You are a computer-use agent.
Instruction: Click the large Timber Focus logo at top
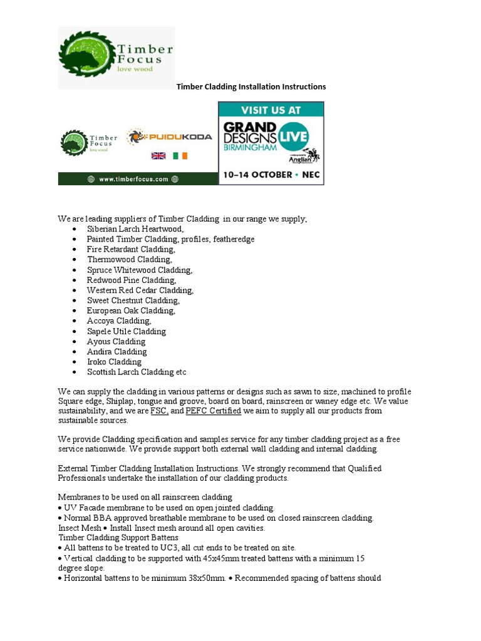tap(116, 58)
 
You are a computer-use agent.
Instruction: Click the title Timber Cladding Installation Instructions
tap(251, 87)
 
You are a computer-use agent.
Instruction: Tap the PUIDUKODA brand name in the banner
tap(170, 136)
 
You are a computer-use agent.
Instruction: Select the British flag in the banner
tap(157, 155)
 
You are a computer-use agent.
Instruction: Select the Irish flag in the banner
tap(181, 155)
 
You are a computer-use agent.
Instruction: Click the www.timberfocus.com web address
tap(133, 179)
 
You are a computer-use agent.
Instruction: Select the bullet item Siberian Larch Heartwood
tap(135, 229)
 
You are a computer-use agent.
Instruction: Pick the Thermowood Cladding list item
tap(129, 259)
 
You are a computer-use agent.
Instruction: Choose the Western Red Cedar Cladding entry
tap(140, 290)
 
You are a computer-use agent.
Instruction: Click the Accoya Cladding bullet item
tap(119, 321)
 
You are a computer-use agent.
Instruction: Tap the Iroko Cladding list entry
tap(114, 362)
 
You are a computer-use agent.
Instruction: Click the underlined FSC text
tap(159, 411)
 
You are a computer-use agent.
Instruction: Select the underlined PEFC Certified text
tap(213, 411)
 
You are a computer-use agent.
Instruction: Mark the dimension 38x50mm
tap(196, 578)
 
